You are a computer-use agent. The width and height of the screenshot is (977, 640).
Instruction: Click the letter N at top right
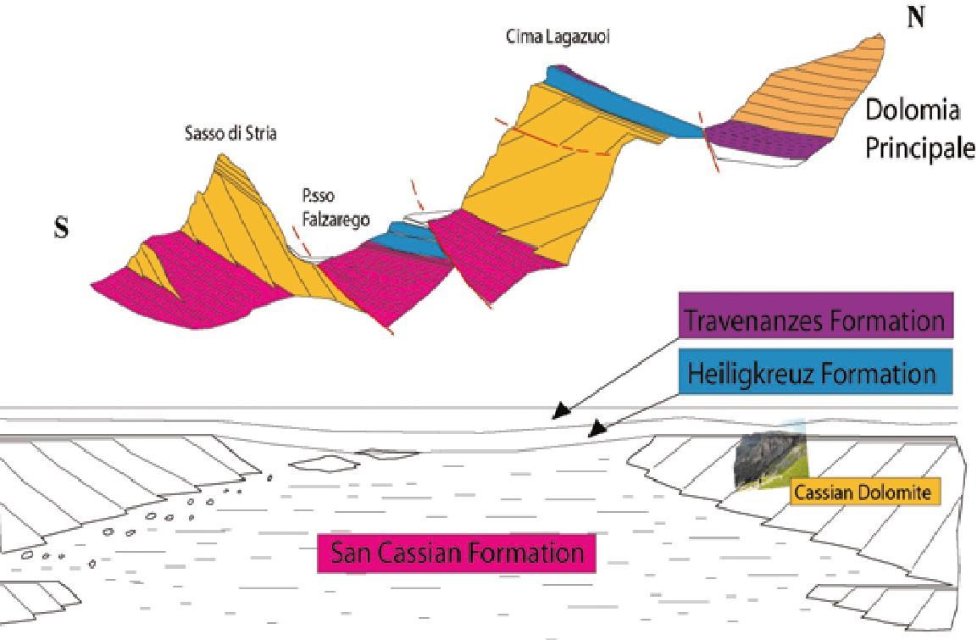click(915, 19)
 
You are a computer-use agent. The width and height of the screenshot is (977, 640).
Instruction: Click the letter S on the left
click(61, 229)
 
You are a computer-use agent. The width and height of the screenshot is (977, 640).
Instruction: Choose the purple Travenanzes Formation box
click(813, 320)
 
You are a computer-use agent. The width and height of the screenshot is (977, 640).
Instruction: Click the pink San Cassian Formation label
click(457, 554)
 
